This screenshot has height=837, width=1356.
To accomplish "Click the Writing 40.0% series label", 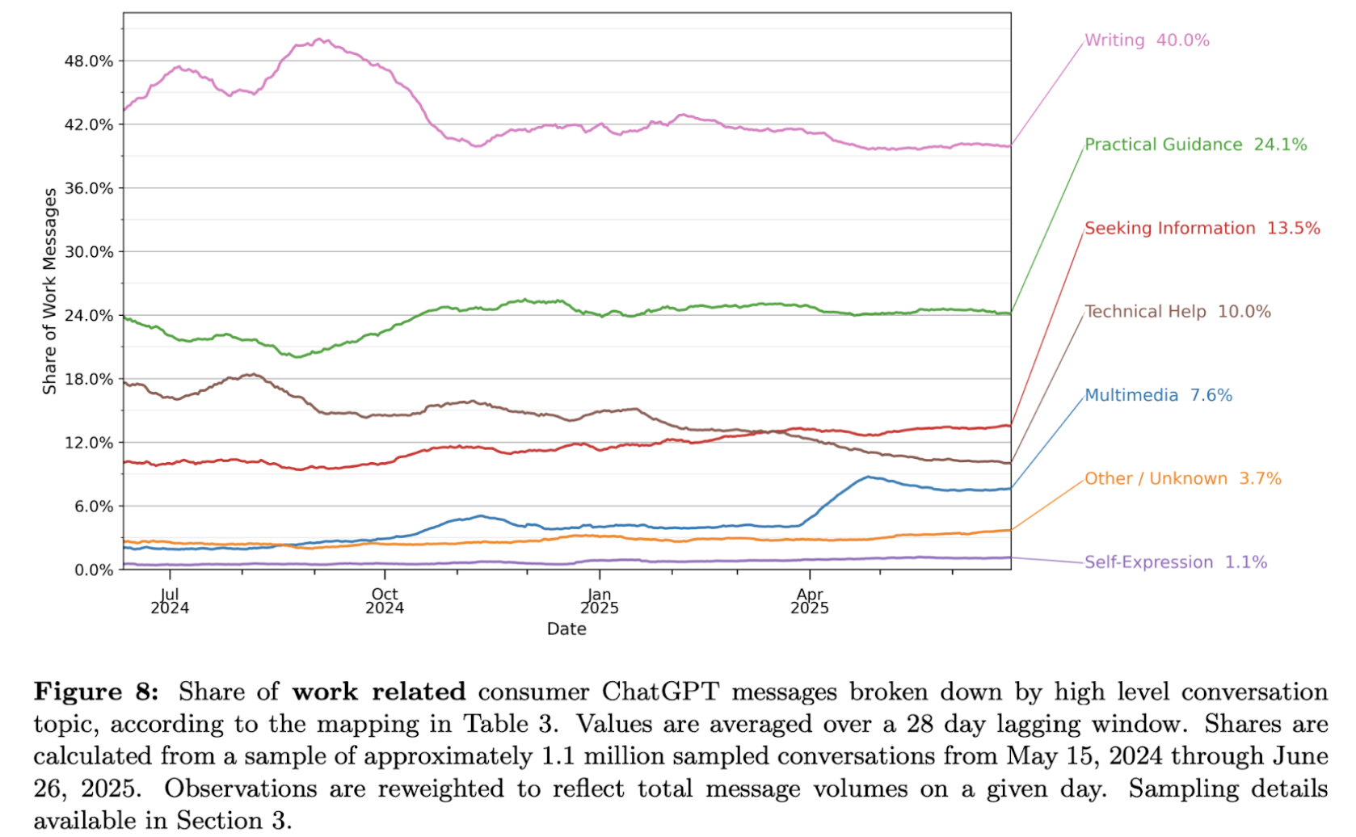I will coord(1146,40).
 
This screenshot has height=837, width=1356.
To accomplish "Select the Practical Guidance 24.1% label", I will coord(1195,145).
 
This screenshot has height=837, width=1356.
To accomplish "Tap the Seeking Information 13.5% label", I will coord(1202,229).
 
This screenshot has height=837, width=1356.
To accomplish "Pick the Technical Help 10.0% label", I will coord(1177,312).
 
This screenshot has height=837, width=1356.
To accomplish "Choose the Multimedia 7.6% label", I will coord(1157,396).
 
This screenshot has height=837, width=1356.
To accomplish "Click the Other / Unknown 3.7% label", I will coord(1182,479).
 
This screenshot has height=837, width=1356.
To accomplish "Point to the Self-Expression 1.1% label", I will coord(1175,562).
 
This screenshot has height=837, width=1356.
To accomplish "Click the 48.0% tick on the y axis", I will coord(89,61).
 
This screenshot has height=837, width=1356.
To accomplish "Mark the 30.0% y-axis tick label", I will coord(89,252).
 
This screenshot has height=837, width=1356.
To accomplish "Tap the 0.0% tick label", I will coord(94,570).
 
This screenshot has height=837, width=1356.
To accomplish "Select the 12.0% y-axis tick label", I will coord(89,443).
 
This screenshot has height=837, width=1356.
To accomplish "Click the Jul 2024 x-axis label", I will coord(170,601).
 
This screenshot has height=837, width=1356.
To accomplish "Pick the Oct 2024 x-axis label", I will coord(385,601).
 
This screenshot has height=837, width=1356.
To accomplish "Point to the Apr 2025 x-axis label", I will coord(810,601).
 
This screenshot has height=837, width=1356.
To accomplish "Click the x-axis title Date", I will coord(566,629).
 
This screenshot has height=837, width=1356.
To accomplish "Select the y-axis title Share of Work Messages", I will coord(50,291).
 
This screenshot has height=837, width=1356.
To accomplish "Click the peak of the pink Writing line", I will coord(320,39).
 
